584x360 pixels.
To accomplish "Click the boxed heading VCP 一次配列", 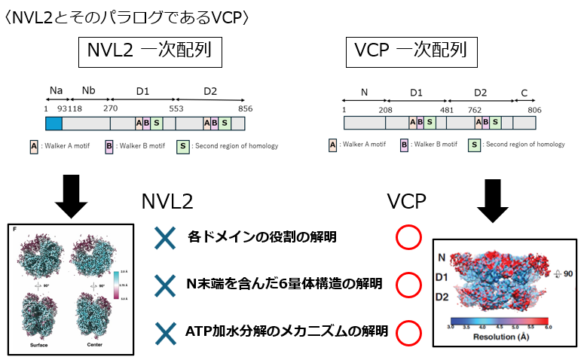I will (x=411, y=52).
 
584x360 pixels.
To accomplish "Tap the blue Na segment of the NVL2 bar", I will (x=54, y=124).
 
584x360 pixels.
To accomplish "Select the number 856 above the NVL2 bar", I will (x=245, y=108).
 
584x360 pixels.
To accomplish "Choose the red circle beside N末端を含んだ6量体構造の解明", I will (x=408, y=285).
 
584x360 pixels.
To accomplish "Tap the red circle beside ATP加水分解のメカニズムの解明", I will (x=408, y=331).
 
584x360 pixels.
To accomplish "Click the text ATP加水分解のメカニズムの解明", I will (x=286, y=331).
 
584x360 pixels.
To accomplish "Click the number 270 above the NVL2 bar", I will (x=110, y=108).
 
